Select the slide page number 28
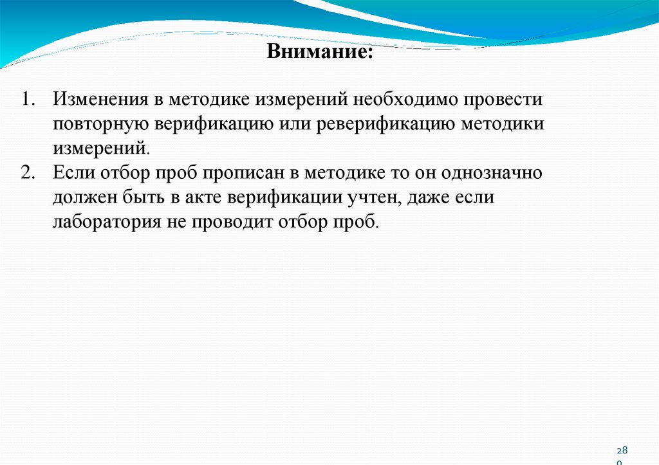coord(622,450)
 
